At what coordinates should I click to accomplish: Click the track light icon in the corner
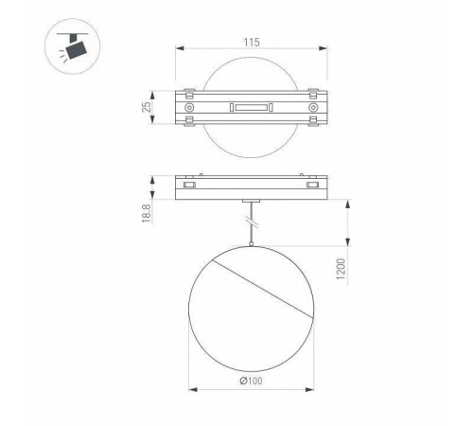coord(67,46)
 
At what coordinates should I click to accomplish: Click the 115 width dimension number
coord(250,43)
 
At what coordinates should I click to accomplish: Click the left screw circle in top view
coord(190,110)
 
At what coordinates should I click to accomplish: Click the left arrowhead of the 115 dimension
coord(180,52)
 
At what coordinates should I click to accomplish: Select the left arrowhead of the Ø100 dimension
coord(191,389)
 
